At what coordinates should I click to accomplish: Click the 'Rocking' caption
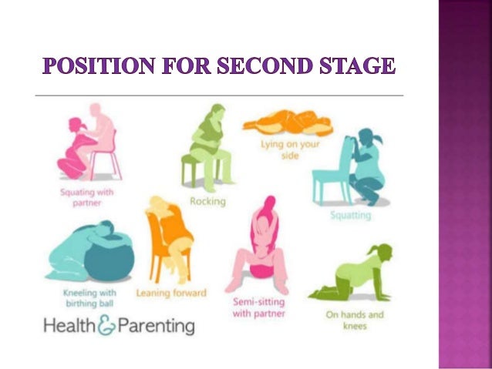(207, 202)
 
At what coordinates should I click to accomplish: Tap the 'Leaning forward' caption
(171, 293)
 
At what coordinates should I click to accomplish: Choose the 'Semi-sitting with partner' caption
(259, 307)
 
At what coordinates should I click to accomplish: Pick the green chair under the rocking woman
(199, 169)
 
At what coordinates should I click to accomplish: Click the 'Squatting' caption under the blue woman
(350, 215)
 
